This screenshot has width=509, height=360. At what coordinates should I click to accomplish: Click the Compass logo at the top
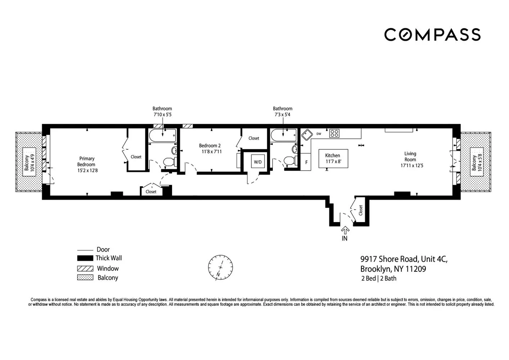tap(432, 35)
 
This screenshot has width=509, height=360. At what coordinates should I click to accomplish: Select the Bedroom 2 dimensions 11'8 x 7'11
tap(212, 152)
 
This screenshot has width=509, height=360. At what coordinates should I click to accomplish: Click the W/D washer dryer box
tap(258, 162)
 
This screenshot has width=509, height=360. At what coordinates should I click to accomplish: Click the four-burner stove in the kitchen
tap(334, 133)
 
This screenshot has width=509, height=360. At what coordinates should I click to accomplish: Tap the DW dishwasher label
tap(319, 134)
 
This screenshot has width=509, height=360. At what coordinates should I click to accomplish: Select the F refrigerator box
tap(306, 162)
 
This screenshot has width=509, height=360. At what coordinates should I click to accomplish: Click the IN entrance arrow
tap(345, 231)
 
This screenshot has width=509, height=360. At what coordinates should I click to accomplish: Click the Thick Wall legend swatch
tap(85, 258)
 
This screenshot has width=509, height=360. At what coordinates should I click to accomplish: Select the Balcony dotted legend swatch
tap(85, 278)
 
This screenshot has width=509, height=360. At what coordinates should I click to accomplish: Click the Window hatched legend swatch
tap(85, 269)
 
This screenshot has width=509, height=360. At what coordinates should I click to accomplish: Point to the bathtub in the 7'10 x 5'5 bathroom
tap(162, 136)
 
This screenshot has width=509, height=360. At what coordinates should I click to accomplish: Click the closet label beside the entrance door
tap(361, 211)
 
